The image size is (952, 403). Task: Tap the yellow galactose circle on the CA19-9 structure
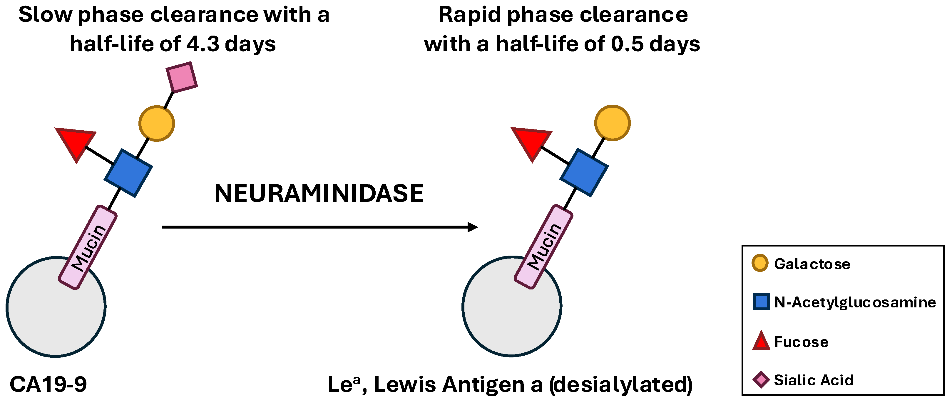(157, 124)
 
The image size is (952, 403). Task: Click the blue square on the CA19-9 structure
(128, 173)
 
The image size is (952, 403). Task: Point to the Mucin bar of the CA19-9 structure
(88, 247)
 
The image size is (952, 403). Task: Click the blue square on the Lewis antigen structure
(584, 173)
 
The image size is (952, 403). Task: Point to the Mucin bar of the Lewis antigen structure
(544, 246)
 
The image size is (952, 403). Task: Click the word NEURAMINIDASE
(319, 193)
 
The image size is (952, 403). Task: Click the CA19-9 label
(48, 384)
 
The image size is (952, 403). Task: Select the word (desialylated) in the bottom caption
(621, 384)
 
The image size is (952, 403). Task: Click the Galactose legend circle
(760, 263)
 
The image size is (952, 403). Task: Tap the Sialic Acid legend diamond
(761, 380)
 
